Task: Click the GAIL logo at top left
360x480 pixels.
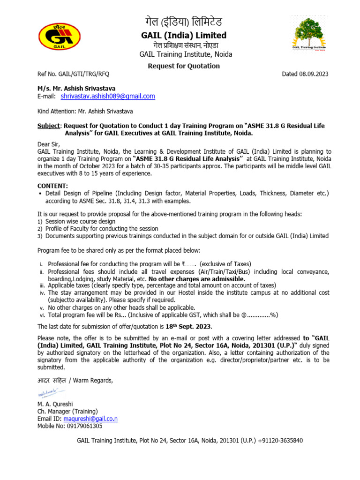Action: pos(59,37)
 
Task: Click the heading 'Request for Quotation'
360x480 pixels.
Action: pos(184,66)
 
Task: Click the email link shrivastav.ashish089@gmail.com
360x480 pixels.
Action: pos(108,96)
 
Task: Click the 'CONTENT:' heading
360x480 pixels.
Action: pos(52,186)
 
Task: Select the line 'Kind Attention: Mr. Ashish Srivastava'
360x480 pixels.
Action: pos(85,111)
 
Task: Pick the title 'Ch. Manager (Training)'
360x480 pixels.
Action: pos(67,411)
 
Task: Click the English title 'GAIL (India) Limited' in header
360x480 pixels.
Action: pos(184,36)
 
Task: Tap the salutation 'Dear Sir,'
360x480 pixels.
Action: pos(50,144)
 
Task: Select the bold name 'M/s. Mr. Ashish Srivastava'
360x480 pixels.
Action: pos(76,88)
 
